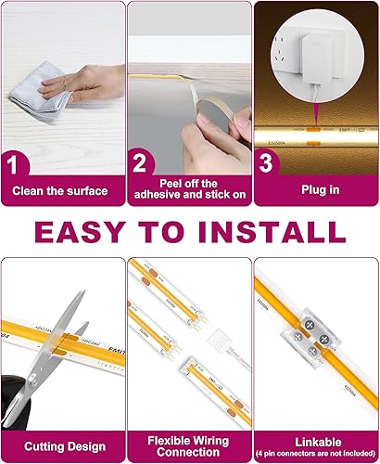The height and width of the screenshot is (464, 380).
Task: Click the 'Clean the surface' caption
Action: pos(62,192)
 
